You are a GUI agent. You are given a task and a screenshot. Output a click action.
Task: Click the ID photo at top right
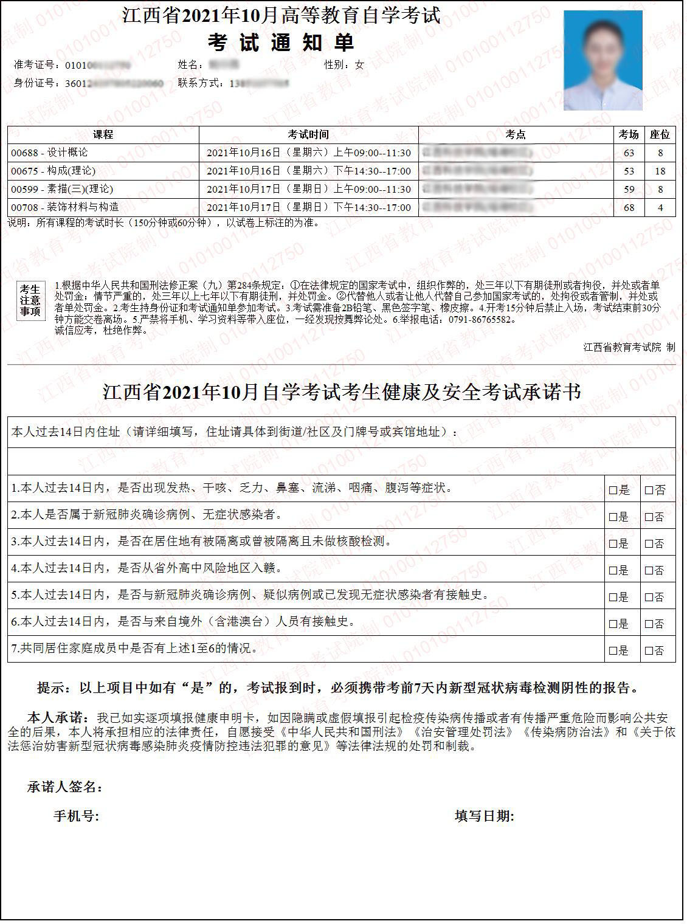pos(602,60)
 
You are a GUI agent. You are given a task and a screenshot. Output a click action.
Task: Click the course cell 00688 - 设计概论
pos(49,153)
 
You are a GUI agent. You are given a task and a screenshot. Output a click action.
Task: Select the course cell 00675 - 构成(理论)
pos(53,171)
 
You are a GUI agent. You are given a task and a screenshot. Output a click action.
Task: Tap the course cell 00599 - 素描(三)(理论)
pos(62,189)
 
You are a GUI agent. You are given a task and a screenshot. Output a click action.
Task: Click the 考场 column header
pos(629,134)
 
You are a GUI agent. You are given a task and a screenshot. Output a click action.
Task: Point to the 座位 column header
pos(660,134)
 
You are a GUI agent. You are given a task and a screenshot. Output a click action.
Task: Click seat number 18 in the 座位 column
pos(660,171)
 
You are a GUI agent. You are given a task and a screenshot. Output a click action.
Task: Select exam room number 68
pos(629,207)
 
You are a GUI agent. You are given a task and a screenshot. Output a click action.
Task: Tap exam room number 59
pos(629,189)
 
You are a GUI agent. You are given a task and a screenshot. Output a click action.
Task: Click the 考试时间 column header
pos(308,134)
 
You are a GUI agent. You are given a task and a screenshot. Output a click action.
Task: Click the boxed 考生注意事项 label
pos(30,300)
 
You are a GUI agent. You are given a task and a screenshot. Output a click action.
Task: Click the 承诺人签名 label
pos(64,787)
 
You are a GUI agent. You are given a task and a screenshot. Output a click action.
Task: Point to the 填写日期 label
pos(484,816)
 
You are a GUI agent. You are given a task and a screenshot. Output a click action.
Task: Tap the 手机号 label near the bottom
pos(76,816)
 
